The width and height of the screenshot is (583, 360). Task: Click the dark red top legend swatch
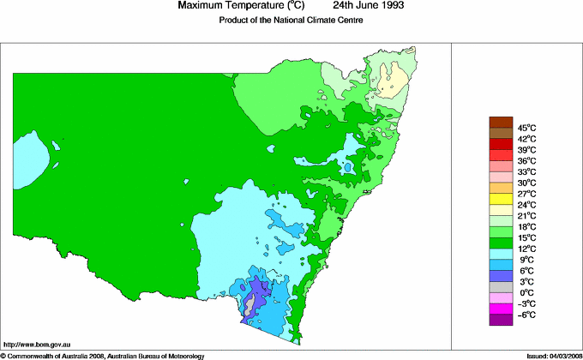[502, 121]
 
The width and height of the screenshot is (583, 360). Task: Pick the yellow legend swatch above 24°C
[502, 199]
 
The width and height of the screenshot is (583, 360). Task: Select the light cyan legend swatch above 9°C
[502, 254]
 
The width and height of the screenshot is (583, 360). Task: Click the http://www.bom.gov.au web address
[36, 344]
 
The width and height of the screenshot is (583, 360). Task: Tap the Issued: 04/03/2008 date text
[549, 355]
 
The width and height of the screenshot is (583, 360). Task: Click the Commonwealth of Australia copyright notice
[103, 355]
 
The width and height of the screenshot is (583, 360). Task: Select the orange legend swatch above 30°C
[502, 188]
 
